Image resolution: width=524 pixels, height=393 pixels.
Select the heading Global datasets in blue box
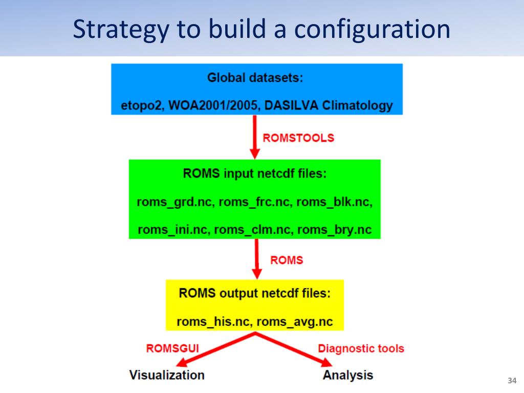tap(255, 78)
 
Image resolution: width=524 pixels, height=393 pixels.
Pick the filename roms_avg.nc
tap(295, 322)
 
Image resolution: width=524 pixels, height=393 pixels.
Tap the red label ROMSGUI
tap(172, 348)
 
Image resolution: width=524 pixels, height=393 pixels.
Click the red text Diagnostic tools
tap(361, 348)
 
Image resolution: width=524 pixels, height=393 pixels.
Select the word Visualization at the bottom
tap(167, 375)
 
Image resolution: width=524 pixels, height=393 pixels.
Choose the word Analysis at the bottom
tap(348, 375)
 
